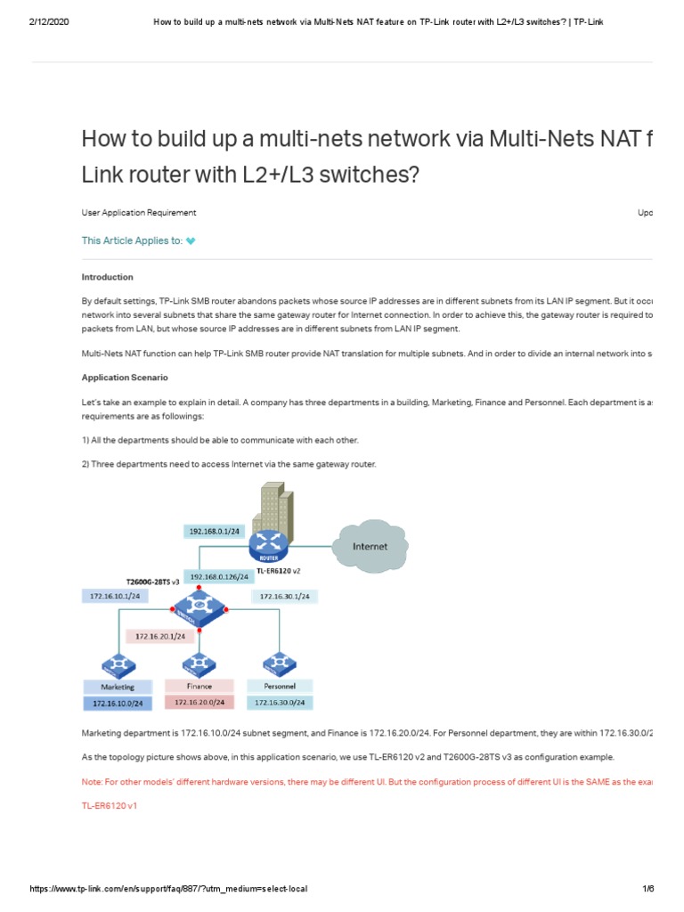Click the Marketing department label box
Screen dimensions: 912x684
coord(118,687)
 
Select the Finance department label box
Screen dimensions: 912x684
coord(199,686)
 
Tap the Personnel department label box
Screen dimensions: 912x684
coord(280,687)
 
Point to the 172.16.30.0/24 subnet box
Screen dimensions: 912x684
coord(280,703)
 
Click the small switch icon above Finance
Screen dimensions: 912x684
coord(199,664)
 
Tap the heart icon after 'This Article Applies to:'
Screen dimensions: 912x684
coord(191,240)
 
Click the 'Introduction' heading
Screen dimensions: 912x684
coord(108,277)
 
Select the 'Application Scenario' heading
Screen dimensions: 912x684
coord(124,378)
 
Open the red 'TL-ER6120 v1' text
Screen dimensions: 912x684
coord(110,804)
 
